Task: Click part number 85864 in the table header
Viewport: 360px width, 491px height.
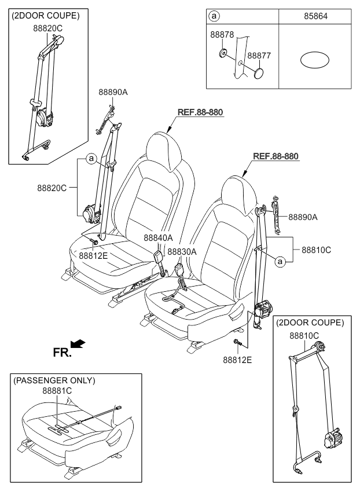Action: (315, 16)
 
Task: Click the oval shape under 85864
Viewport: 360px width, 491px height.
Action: (315, 60)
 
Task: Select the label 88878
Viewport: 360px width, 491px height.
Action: (222, 34)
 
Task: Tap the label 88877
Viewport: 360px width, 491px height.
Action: (259, 56)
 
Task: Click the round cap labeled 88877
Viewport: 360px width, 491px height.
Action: (259, 74)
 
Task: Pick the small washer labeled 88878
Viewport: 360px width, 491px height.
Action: (223, 53)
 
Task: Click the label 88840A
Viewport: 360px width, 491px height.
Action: (158, 237)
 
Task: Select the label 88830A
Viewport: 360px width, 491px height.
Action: (182, 251)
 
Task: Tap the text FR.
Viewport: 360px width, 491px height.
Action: (62, 353)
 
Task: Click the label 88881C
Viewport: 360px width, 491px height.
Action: (57, 391)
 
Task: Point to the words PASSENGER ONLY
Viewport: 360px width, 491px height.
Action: (54, 380)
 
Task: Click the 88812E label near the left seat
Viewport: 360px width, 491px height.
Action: (93, 256)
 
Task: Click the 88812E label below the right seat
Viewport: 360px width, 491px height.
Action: (237, 360)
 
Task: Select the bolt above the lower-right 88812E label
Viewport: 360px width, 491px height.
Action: (237, 343)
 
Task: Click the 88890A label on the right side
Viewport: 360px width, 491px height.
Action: (303, 217)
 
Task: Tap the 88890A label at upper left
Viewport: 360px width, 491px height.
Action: (113, 92)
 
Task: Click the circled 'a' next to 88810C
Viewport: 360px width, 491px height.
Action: (280, 262)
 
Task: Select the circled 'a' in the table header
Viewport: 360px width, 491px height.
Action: (214, 16)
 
